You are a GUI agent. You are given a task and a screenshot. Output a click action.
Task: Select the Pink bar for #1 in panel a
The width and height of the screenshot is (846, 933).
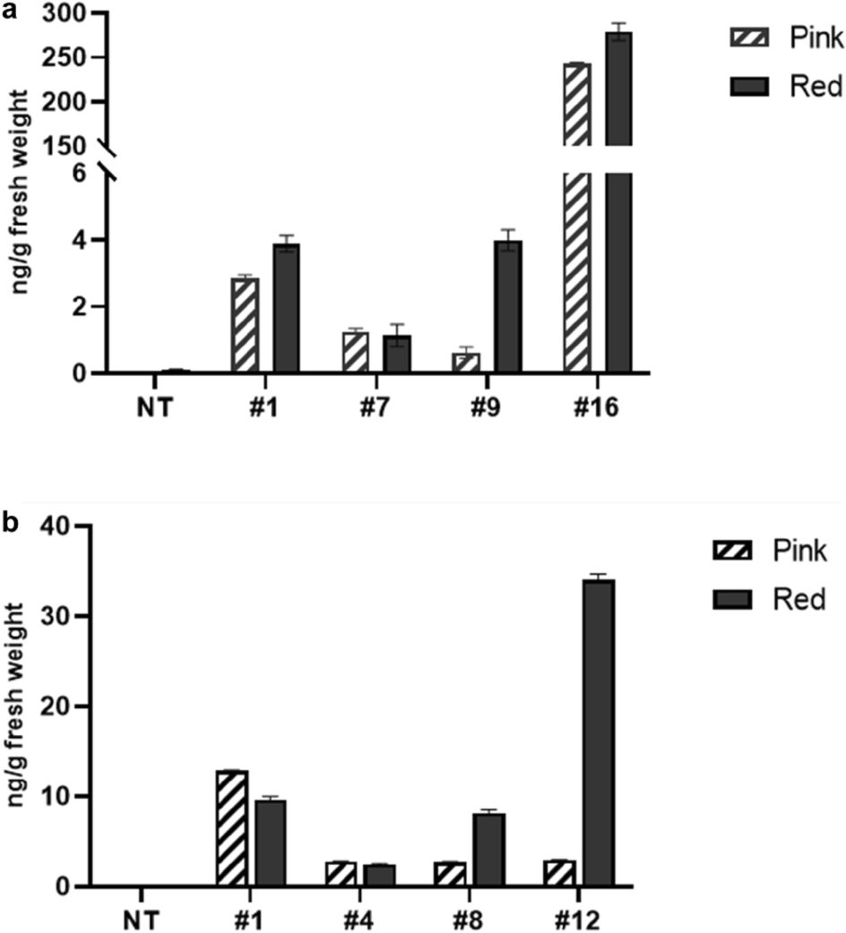pyautogui.click(x=245, y=326)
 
